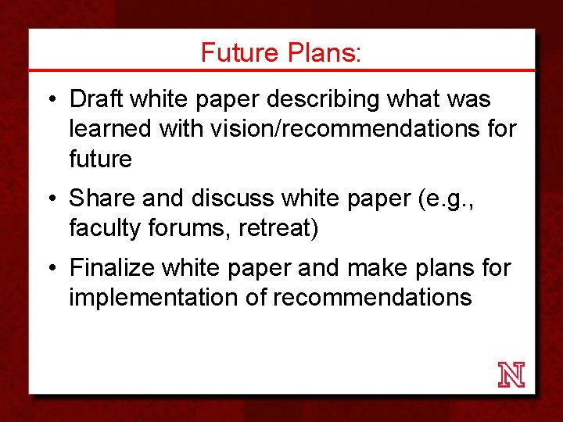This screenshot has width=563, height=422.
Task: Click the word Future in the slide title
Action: tap(239, 52)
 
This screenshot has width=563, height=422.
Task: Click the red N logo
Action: tap(511, 375)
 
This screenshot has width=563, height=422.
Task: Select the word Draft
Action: tap(97, 99)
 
